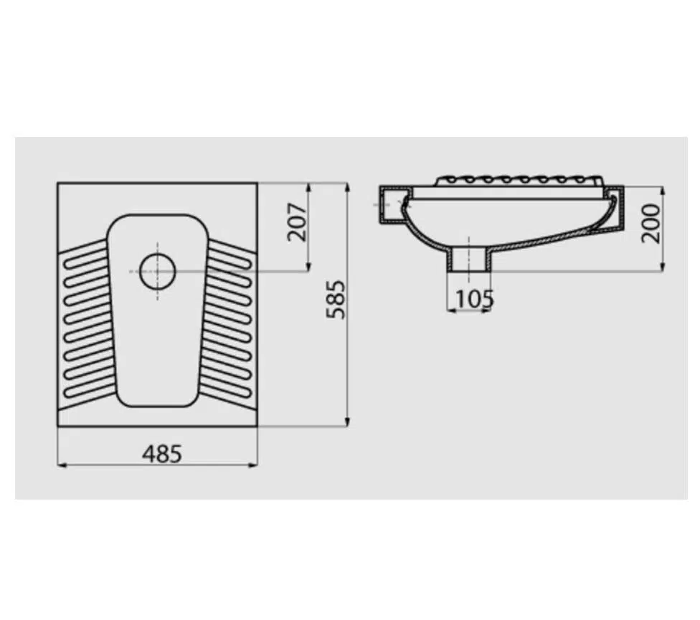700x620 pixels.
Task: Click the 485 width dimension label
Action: point(162,454)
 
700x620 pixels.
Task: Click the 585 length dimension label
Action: point(336,300)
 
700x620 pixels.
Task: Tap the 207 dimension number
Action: point(298,222)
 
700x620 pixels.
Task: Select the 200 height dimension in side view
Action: point(651,223)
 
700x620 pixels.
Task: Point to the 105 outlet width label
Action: point(475,299)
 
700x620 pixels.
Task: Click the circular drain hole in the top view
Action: point(158,271)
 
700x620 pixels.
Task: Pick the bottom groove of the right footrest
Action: point(224,388)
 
